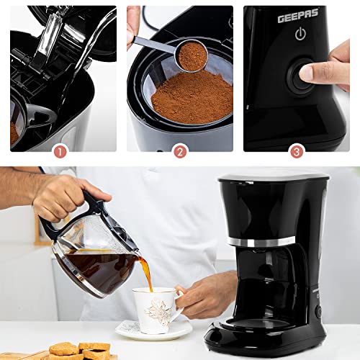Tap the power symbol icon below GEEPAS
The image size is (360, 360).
300,34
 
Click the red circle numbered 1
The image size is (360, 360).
60,152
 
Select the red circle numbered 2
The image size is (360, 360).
179,152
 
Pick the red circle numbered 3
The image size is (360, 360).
297,152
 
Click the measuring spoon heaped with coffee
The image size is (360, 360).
191,55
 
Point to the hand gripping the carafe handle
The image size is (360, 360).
68,194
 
